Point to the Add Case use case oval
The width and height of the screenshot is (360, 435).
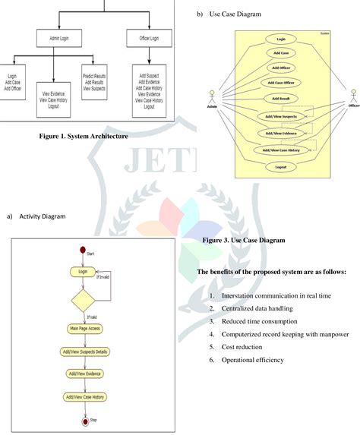pyautogui.click(x=280, y=53)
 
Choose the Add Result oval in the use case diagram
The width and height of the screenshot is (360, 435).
pyautogui.click(x=280, y=99)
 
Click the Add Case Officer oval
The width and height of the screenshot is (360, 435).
pyautogui.click(x=280, y=83)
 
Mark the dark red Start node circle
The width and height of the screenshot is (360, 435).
pyautogui.click(x=84, y=250)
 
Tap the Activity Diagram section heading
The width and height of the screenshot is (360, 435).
pyautogui.click(x=42, y=216)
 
